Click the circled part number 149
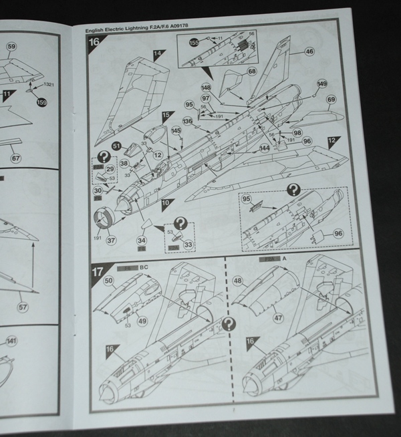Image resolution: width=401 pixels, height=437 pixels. [x=322, y=84]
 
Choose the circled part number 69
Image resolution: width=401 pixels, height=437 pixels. [x=331, y=100]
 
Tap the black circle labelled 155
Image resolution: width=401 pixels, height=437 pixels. [x=194, y=42]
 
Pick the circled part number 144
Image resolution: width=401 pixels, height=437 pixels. [x=265, y=148]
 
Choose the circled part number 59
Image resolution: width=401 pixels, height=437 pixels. [x=11, y=47]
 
